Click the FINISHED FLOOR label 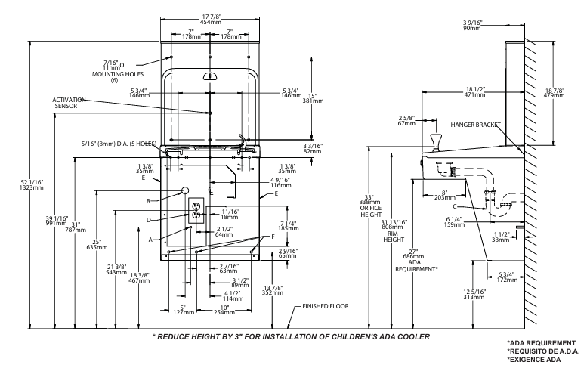pos(326,306)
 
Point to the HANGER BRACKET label pos(475,125)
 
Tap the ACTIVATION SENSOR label pos(68,103)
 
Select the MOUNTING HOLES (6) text pos(118,77)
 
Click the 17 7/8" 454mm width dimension pos(211,20)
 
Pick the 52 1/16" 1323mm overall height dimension pos(32,184)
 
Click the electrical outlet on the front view pos(196,210)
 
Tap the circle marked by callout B pos(184,190)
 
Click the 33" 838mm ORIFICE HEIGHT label pos(370,206)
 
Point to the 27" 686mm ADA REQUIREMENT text pos(416,261)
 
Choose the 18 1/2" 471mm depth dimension pos(474,92)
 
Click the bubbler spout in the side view pos(435,141)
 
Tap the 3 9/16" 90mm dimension pos(472,25)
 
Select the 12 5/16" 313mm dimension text pos(474,294)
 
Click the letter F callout pos(273,237)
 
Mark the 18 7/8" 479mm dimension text pos(554,93)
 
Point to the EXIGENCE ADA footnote pos(534,360)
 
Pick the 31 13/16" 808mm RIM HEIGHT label pos(394,231)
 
